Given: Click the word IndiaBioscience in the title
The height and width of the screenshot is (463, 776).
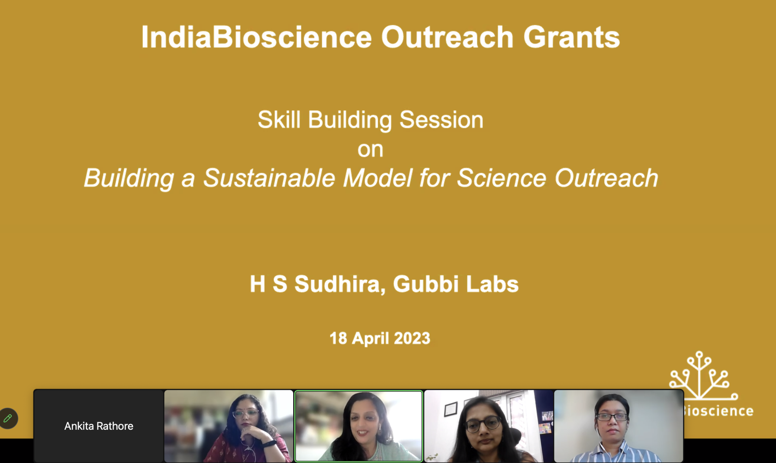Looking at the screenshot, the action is point(257,37).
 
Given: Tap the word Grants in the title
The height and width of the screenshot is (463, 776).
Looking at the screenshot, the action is point(572,37).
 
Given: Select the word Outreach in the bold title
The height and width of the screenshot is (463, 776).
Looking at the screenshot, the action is point(447,37).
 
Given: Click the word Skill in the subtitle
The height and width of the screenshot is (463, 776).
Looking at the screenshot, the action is point(279,120).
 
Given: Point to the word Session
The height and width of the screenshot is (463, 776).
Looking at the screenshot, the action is point(441,120).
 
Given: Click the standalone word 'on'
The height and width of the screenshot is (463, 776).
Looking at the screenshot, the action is point(370,150).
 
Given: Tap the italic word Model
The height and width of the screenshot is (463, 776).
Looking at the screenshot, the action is point(377,178).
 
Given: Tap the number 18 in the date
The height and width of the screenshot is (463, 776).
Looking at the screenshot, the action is point(338,338).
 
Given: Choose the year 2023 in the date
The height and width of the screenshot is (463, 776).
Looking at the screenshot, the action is point(412,338).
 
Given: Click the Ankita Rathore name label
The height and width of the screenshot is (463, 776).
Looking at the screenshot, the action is point(99,426).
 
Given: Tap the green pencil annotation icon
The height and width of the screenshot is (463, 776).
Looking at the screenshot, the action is point(8,418).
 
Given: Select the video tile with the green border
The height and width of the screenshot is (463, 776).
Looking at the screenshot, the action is point(358,426).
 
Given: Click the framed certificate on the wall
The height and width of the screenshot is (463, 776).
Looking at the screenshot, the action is point(450,409).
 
